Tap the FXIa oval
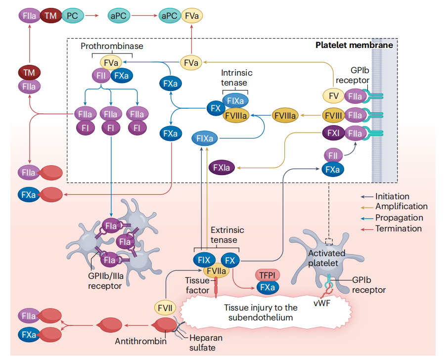click(222, 168)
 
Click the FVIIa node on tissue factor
click(216, 270)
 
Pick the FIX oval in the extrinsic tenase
click(203, 260)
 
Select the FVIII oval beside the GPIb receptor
click(333, 115)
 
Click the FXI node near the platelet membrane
click(333, 133)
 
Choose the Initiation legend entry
click(392, 196)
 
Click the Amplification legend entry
click(401, 207)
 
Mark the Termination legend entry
click(398, 228)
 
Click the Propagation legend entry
click(399, 218)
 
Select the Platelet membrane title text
click(354, 45)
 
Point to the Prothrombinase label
click(112, 46)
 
